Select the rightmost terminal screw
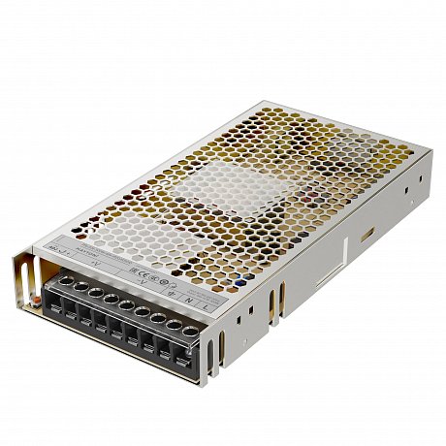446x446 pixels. click(191, 333)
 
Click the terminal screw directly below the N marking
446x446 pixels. click(175, 326)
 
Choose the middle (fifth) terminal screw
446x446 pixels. click(127, 304)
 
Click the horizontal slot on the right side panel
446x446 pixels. click(367, 234)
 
